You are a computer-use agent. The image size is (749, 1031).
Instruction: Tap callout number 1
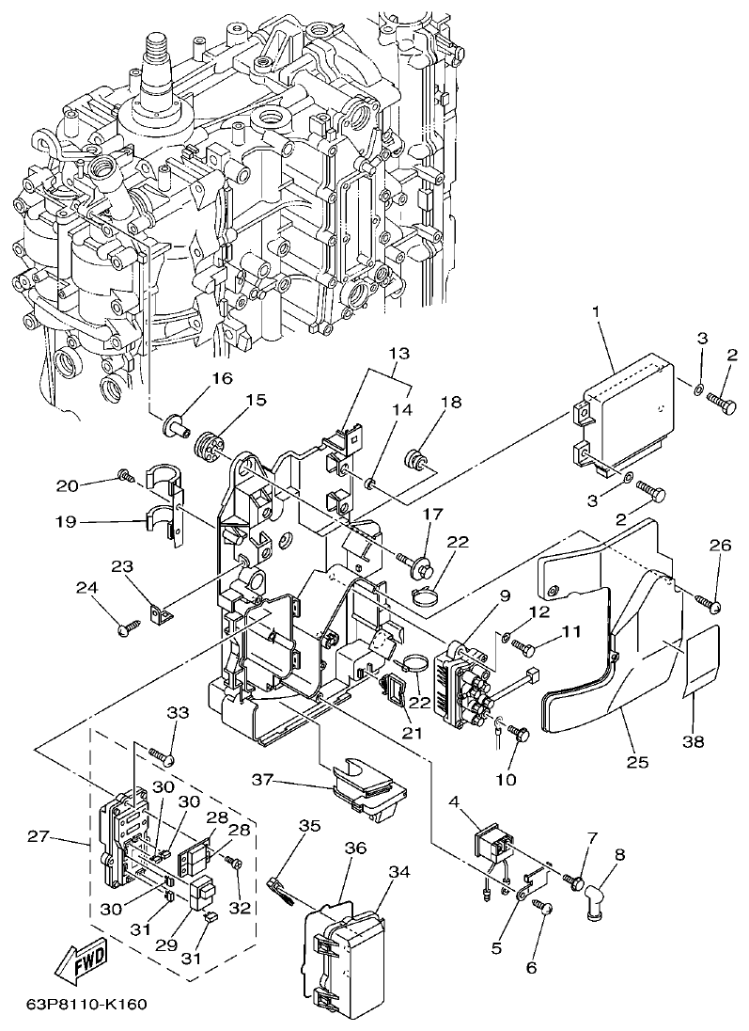pos(595,310)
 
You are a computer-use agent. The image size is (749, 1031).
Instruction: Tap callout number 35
pos(309,826)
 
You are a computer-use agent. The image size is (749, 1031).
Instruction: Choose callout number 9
pos(504,595)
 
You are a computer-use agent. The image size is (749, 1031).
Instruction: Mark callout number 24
pos(86,588)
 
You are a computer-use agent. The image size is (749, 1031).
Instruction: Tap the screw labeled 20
pos(123,477)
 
